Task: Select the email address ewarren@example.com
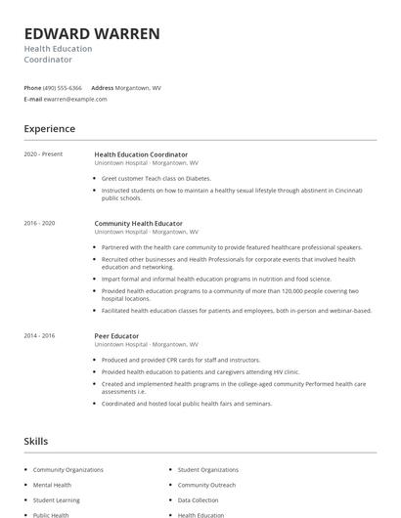pos(76,99)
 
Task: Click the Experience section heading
pos(49,129)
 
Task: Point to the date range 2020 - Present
pos(43,153)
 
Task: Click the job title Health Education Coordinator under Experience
pos(141,153)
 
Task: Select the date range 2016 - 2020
pos(39,223)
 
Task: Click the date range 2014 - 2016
pos(39,335)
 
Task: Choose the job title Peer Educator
pos(114,335)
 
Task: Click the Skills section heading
pos(36,441)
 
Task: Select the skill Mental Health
pos(52,485)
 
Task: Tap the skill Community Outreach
pos(206,485)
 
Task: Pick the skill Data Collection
pos(199,499)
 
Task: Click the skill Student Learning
pos(56,499)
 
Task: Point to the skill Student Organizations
pos(207,470)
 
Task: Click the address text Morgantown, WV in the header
pos(139,87)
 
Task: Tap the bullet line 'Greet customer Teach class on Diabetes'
pos(156,178)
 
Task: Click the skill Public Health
pos(51,514)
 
